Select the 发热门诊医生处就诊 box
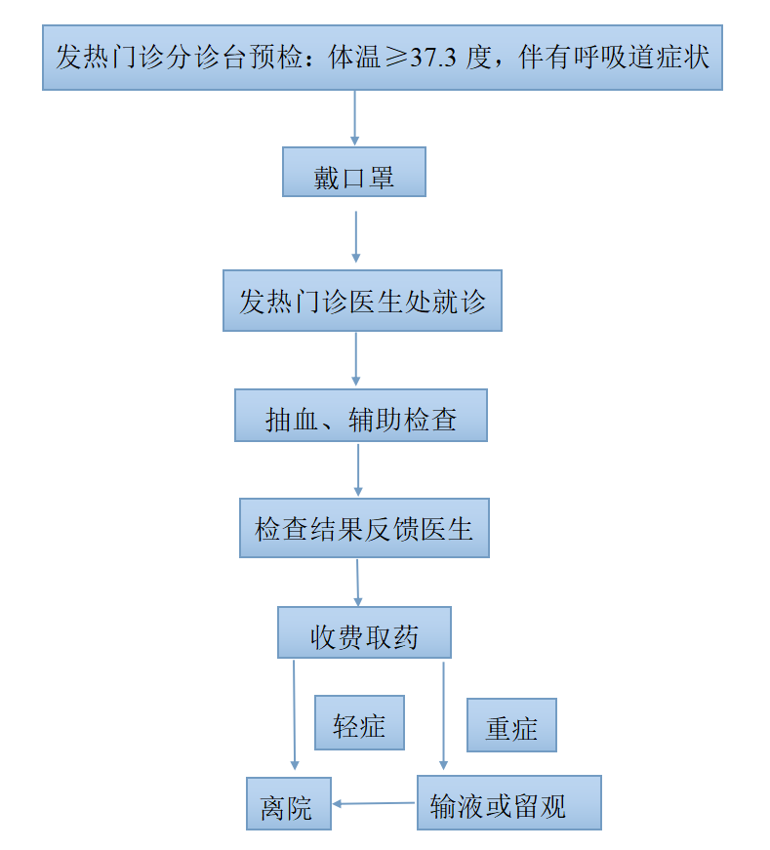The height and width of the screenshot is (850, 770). pos(362,301)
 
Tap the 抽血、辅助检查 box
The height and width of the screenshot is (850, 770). pos(361,417)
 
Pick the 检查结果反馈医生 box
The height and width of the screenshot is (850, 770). pos(364,529)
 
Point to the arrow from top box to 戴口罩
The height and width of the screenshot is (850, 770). pos(354,118)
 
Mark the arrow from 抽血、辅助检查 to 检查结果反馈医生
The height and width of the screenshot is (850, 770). pos(358,470)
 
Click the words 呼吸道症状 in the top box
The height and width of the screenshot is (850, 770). pos(644,58)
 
